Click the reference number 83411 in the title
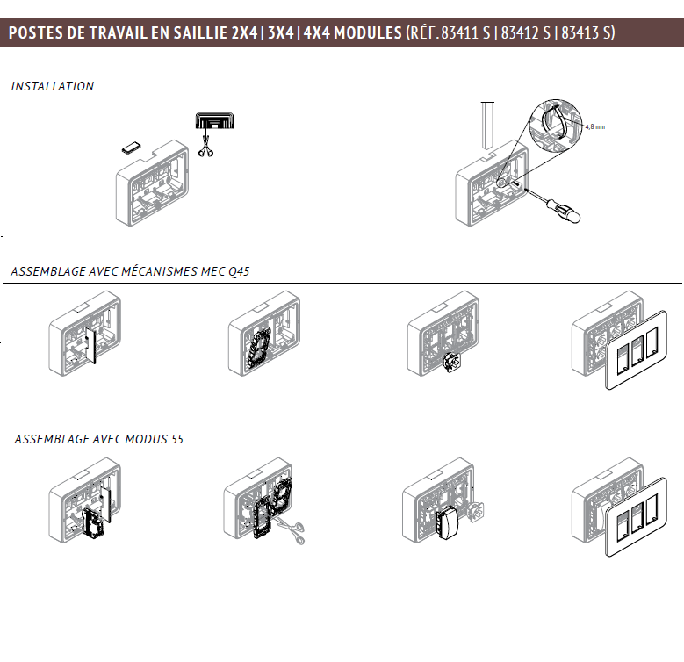point(460,32)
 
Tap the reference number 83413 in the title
point(580,32)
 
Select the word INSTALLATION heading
point(53,86)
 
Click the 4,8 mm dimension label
point(595,127)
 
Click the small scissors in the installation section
point(205,147)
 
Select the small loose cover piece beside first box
point(132,148)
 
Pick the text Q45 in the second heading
point(239,271)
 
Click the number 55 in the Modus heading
point(177,439)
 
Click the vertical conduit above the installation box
point(487,126)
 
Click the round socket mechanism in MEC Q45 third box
point(452,363)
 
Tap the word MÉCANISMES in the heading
point(160,271)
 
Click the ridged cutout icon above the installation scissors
point(214,121)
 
